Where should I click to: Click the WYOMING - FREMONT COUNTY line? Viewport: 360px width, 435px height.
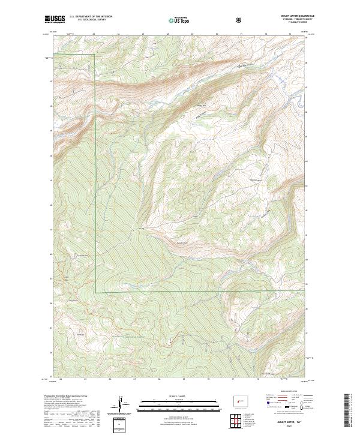tap(290, 19)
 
